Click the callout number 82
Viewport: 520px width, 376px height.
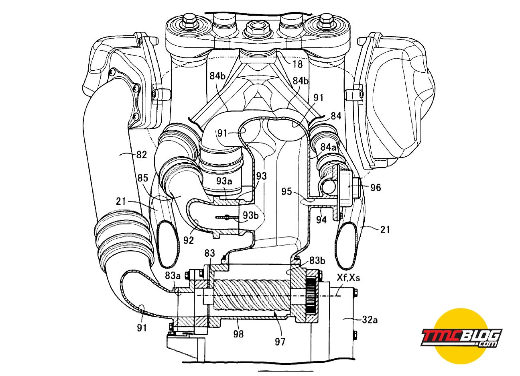click(x=142, y=155)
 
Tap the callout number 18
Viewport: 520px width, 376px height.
click(x=297, y=64)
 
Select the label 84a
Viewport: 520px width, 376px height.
click(x=328, y=147)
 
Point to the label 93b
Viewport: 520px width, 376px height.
click(x=250, y=215)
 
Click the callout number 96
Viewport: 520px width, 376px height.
click(x=376, y=188)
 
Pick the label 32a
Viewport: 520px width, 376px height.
click(x=370, y=320)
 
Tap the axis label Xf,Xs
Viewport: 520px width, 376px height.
click(x=348, y=278)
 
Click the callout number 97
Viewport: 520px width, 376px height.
click(x=280, y=341)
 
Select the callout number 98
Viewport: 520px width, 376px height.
click(x=238, y=334)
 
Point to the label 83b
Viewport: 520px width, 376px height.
click(x=317, y=260)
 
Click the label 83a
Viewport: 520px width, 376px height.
click(x=173, y=276)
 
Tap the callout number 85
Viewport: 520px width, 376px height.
click(x=142, y=178)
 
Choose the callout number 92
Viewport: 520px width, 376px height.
click(x=189, y=241)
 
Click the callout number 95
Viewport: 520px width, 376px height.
click(x=287, y=192)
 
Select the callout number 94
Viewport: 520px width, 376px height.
click(x=321, y=220)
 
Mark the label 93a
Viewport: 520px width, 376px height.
click(x=224, y=181)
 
